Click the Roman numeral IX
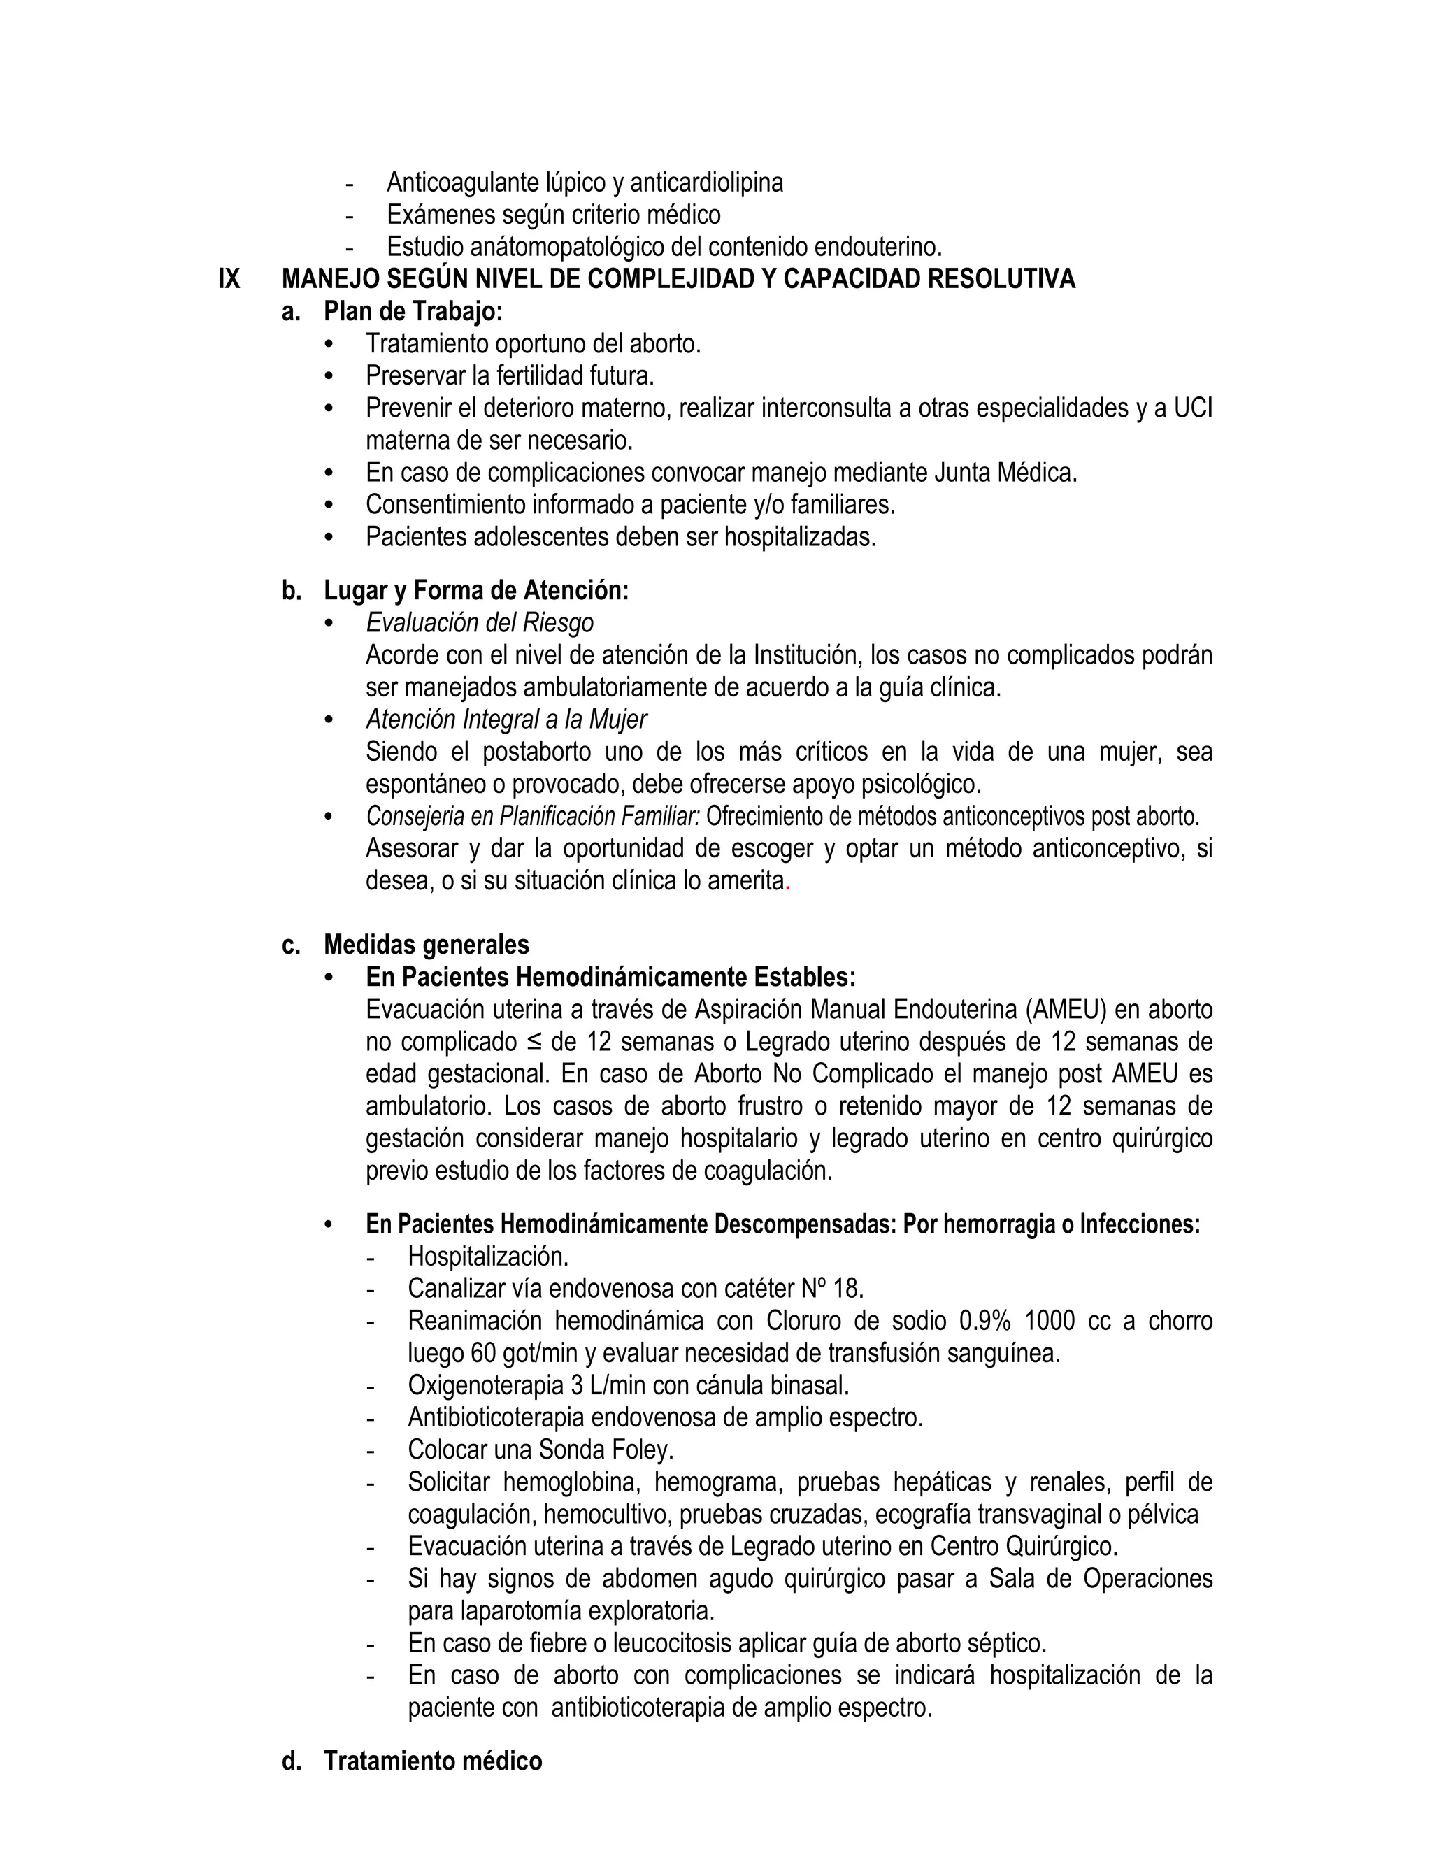[229, 279]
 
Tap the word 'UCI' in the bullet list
[1192, 408]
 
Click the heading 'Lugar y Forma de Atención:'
[476, 591]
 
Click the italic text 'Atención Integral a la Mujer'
[506, 720]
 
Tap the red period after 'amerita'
[788, 882]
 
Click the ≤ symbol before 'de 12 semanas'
[534, 1042]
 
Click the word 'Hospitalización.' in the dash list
[488, 1256]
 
